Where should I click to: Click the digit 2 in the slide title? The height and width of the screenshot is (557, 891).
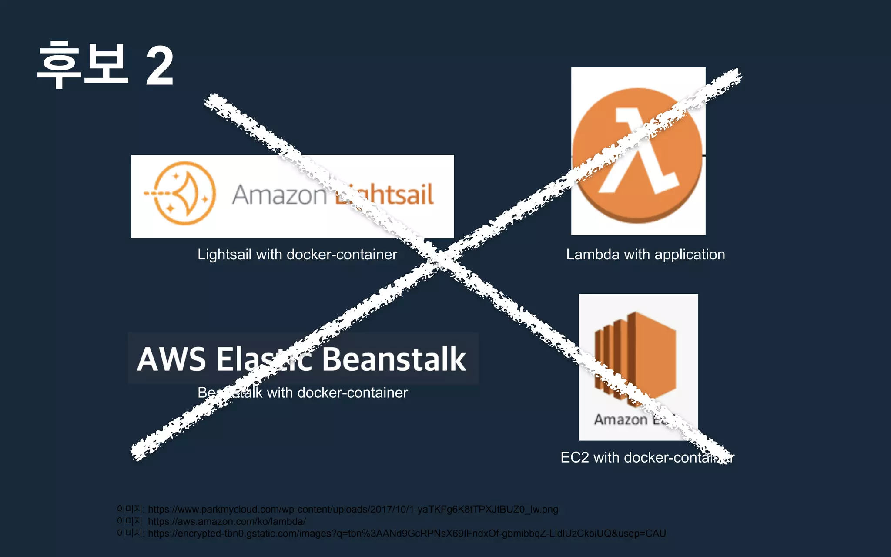coord(160,67)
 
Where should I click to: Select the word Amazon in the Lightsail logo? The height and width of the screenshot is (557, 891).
coord(279,195)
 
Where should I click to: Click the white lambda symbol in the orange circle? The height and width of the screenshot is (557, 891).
coord(638,152)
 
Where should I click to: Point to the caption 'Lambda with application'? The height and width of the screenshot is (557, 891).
coord(645,255)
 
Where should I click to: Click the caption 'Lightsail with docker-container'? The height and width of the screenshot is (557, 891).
coord(297,255)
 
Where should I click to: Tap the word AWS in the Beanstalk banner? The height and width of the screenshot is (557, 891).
coord(171,359)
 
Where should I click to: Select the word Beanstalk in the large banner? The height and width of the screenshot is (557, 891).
coord(394,359)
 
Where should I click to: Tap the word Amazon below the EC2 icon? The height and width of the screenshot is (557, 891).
coord(621,419)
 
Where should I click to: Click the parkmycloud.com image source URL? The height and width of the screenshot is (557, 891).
coord(353,510)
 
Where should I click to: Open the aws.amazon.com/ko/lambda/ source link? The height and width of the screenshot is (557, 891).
coord(227,521)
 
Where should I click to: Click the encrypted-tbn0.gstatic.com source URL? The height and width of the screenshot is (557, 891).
coord(407,534)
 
